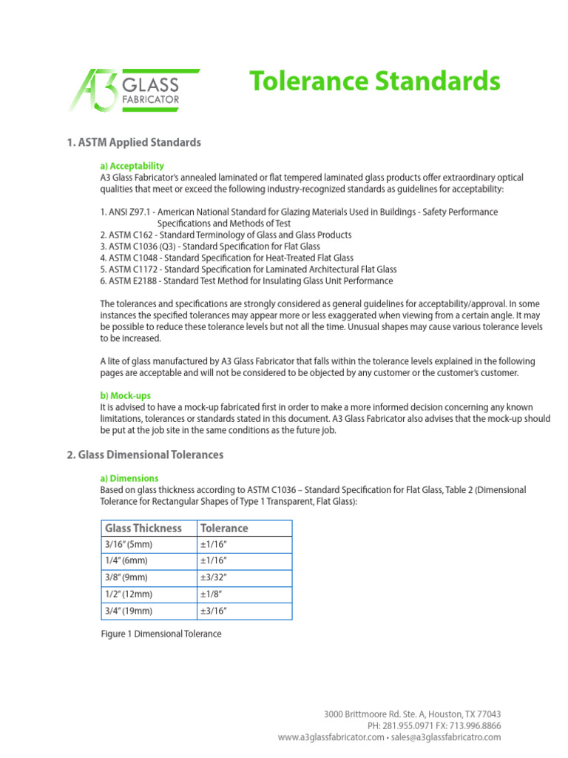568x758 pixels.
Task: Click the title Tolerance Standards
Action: pyautogui.click(x=374, y=81)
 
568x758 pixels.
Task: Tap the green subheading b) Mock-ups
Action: pyautogui.click(x=125, y=395)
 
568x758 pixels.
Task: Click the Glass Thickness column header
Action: pyautogui.click(x=143, y=529)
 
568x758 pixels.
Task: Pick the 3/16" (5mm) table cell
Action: pyautogui.click(x=129, y=545)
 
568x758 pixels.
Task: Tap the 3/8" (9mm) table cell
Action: pyautogui.click(x=127, y=578)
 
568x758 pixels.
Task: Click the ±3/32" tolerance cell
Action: pyautogui.click(x=213, y=578)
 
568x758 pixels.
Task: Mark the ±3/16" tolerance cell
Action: pyautogui.click(x=213, y=611)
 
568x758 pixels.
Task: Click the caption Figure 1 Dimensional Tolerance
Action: pyautogui.click(x=160, y=634)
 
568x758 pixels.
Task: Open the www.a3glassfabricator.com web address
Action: pyautogui.click(x=331, y=737)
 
